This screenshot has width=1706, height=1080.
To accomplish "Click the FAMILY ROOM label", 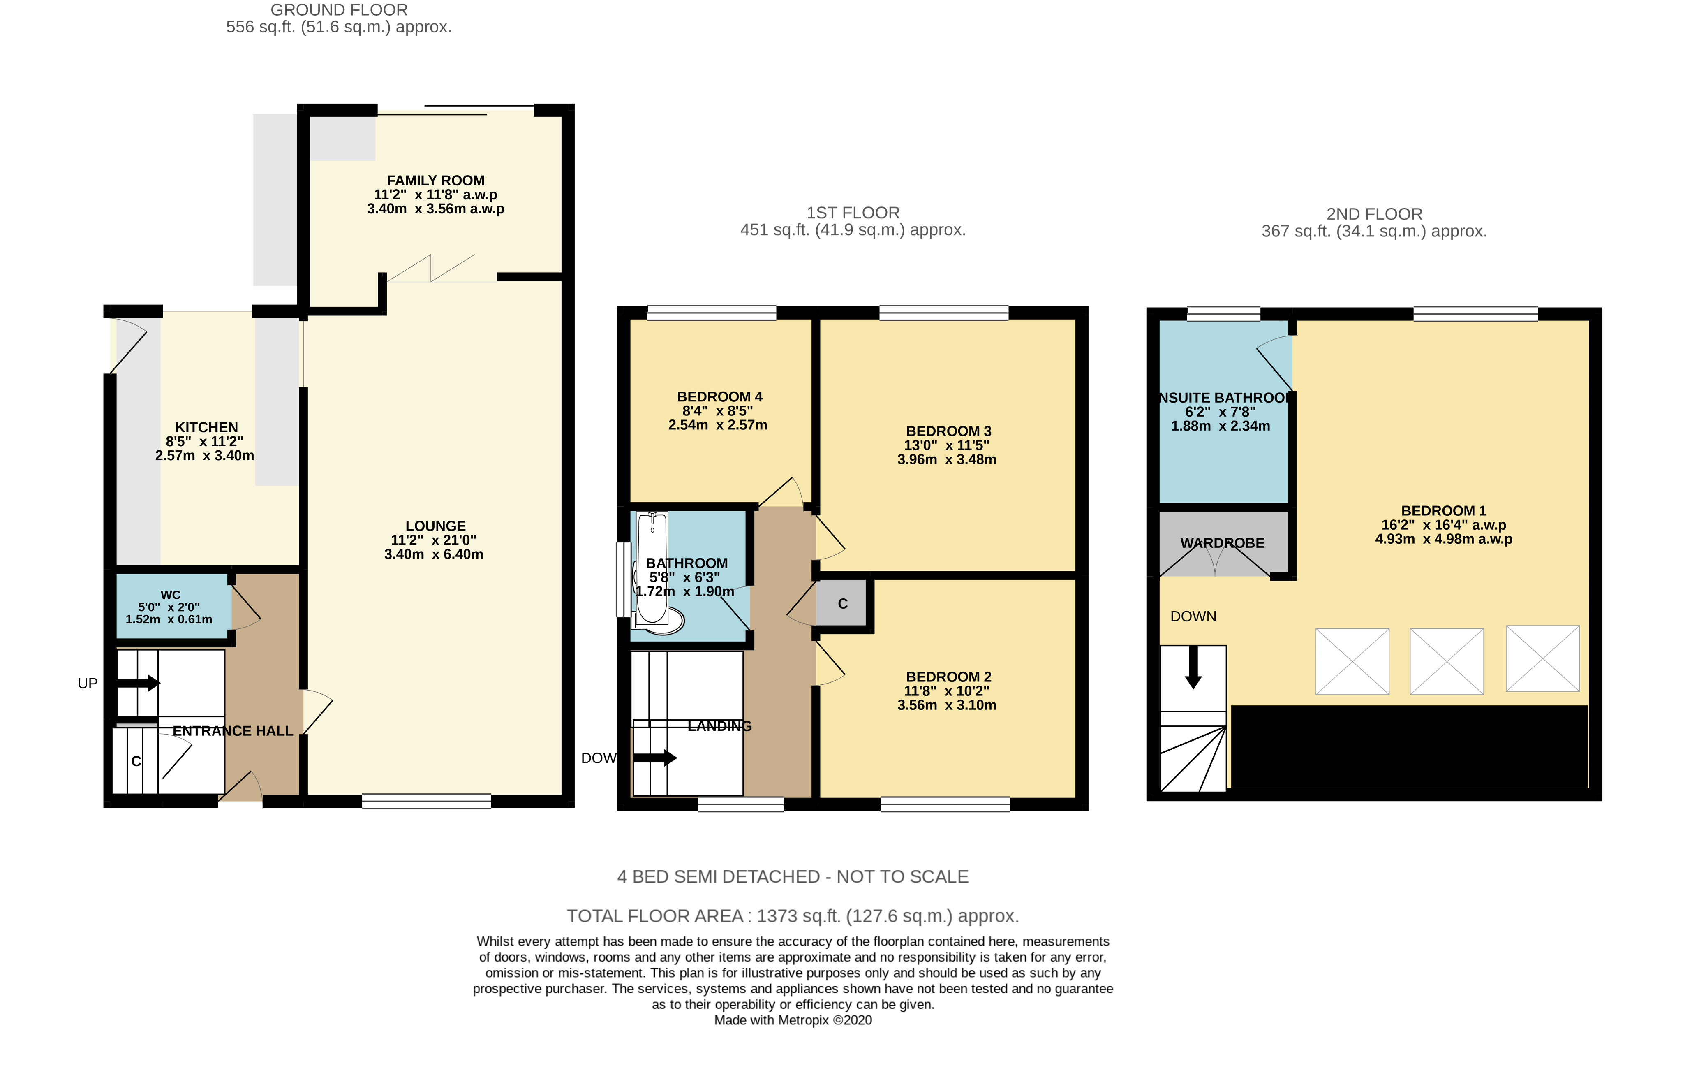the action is coord(436,181).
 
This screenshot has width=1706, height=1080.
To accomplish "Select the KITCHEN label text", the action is coord(206,427).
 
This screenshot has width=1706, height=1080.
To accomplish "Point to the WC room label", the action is coord(171,595).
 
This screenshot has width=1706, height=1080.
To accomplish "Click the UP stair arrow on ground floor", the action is coord(138,683).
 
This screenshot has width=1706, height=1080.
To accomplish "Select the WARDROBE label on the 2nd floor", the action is coord(1222,543).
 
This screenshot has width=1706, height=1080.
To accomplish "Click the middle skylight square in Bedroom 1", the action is coord(1447,661).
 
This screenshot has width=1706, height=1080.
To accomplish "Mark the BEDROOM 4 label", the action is coord(720,397).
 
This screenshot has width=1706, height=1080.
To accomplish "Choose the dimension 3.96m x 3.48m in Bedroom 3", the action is coord(946,459).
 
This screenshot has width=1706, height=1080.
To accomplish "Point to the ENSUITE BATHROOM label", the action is coord(1224,398).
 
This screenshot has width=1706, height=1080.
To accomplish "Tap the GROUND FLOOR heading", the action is coord(340,10).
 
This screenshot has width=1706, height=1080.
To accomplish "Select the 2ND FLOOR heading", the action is coord(1374,214).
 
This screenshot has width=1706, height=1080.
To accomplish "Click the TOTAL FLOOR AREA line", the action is coord(793,916).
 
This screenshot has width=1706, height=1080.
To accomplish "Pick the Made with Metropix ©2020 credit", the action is coord(793,1020).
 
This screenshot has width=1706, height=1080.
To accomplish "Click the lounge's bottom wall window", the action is coord(427,802).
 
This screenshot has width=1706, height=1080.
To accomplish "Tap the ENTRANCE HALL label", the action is coord(233,731).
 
